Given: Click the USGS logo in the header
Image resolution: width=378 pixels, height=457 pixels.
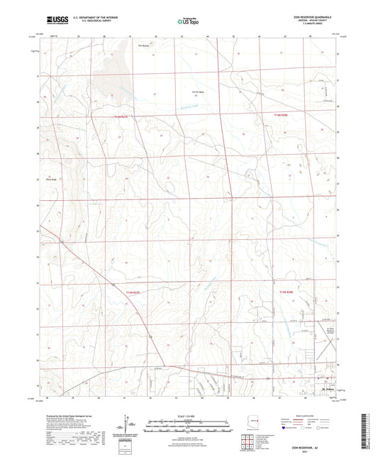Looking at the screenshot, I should pyautogui.click(x=52, y=21).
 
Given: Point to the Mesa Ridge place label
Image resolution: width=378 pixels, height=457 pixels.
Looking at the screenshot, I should pyautogui.click(x=52, y=180).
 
